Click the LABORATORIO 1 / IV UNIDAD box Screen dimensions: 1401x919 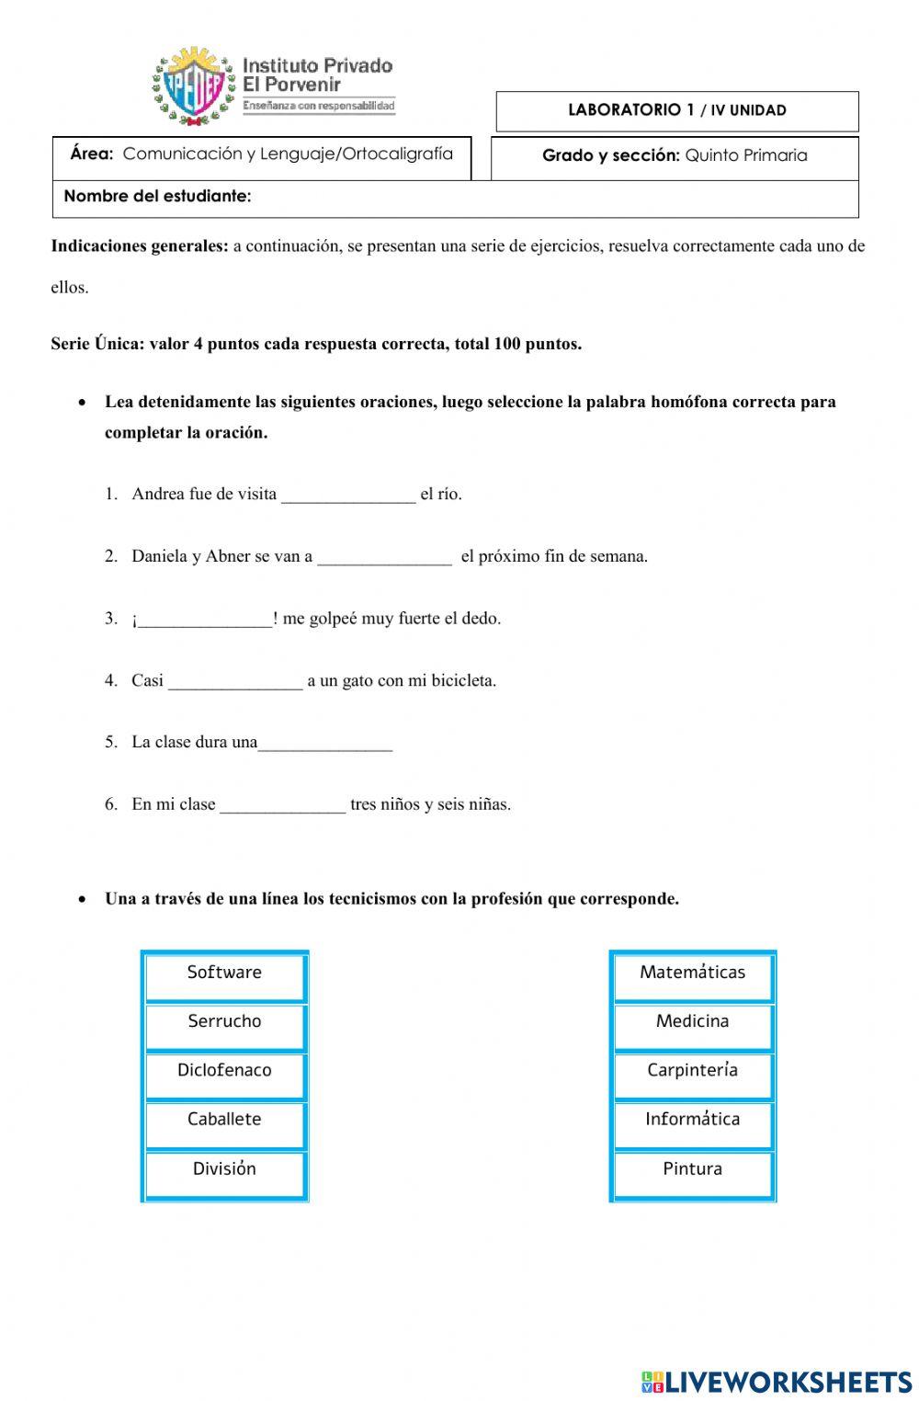tap(677, 111)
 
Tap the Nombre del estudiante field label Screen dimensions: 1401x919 tap(157, 197)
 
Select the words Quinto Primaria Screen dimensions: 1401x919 tap(746, 155)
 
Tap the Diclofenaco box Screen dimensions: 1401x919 tap(224, 1072)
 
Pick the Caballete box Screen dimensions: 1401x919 tap(224, 1121)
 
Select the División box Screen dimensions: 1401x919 tap(224, 1170)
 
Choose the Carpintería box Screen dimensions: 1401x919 tap(693, 1072)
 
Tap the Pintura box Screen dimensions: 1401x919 tap(693, 1170)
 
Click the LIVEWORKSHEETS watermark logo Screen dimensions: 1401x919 tap(777, 1381)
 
